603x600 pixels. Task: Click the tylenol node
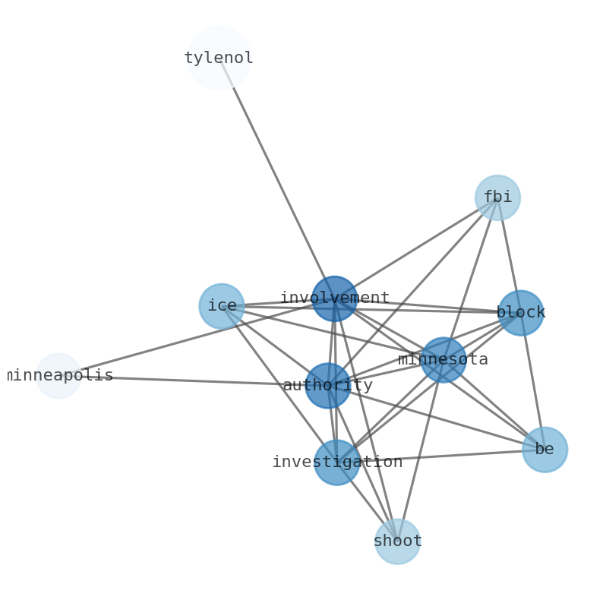[x=219, y=58]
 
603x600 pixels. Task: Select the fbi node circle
[x=497, y=197]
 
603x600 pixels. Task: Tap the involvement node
[x=334, y=298]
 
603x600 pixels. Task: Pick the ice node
[x=222, y=306]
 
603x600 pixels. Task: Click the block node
[x=520, y=312]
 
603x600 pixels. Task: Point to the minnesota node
[x=443, y=359]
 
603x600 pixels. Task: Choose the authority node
[x=328, y=386]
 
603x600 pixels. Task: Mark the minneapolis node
[x=58, y=376]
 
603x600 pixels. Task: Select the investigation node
[x=336, y=462]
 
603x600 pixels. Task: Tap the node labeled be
[x=545, y=450]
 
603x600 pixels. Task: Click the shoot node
[x=397, y=542]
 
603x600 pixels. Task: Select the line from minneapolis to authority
[x=190, y=381]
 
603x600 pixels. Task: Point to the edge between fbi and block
[x=509, y=254]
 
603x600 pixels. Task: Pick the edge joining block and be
[x=532, y=381]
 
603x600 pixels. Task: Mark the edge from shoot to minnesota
[x=420, y=450]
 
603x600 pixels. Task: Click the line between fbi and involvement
[x=416, y=248]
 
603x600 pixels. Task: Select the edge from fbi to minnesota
[x=470, y=278]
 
